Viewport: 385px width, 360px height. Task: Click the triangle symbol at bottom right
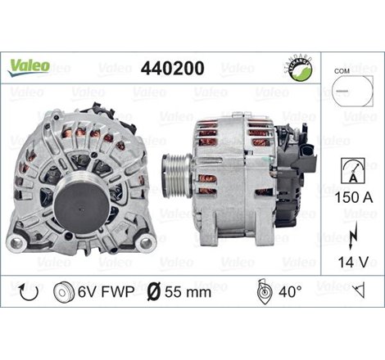(x=358, y=290)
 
